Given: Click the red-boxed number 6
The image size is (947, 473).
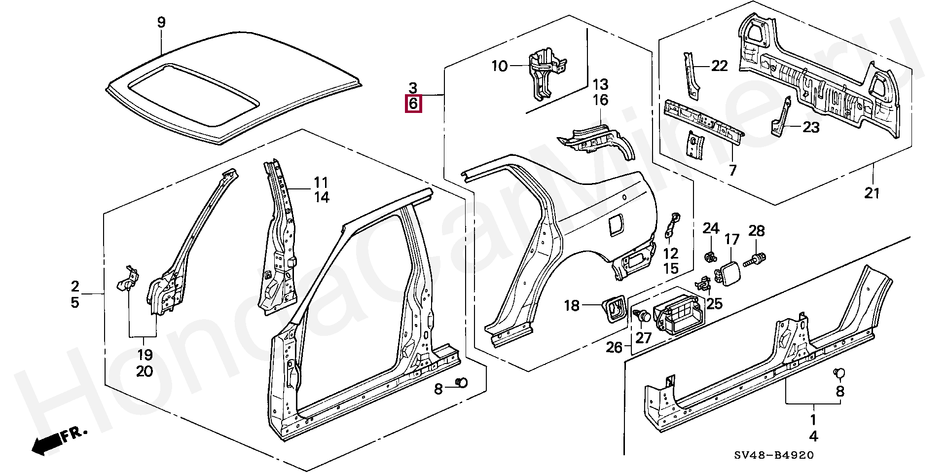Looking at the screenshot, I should (x=413, y=104).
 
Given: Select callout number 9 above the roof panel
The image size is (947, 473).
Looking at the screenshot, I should (x=161, y=22).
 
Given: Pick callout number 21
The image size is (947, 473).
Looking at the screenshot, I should (x=872, y=193).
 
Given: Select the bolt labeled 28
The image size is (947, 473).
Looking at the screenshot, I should (x=757, y=258).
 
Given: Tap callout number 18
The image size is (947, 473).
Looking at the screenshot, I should (x=571, y=306).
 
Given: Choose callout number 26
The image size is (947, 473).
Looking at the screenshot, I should (x=614, y=347).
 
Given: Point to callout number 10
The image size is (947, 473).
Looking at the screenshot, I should (x=499, y=66).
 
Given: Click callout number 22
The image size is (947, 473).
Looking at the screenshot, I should (x=719, y=66).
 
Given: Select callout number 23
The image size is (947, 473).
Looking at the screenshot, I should (x=811, y=127).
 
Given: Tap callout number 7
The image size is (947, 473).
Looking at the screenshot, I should (x=732, y=170).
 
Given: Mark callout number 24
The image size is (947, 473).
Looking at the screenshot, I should (x=711, y=228).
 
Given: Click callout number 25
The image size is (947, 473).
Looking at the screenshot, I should (x=714, y=303).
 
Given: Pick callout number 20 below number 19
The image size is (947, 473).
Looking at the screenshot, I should (x=145, y=371).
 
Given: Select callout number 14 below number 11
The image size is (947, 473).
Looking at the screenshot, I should (x=322, y=197).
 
